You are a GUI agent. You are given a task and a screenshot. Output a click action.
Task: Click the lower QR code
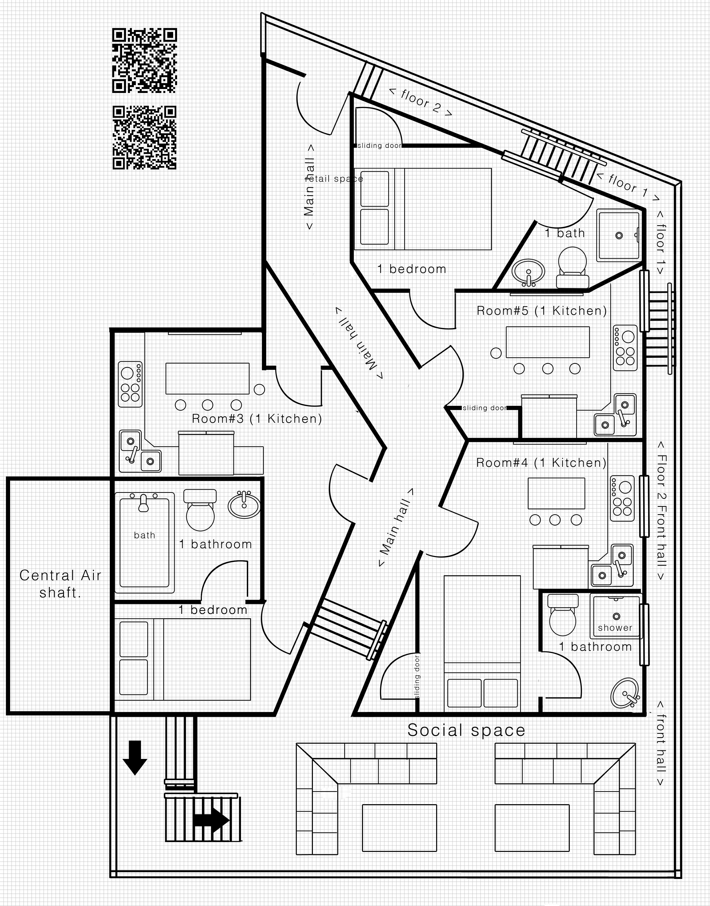tap(145, 138)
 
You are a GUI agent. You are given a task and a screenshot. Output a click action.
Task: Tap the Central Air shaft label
tap(60, 584)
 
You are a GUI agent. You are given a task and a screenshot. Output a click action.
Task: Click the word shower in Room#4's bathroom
tap(615, 628)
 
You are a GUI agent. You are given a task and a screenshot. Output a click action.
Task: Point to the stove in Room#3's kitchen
tap(130, 384)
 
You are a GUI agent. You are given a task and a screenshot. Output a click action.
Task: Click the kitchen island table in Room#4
tap(556, 493)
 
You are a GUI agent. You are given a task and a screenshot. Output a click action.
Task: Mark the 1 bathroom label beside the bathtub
tap(216, 544)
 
